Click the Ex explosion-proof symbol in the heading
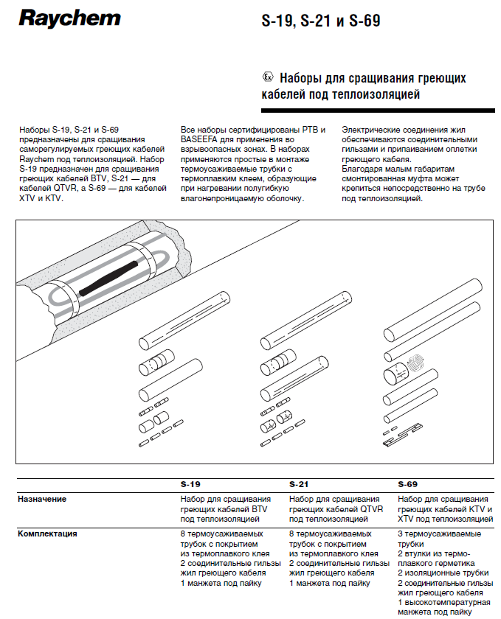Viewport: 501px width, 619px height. [x=268, y=77]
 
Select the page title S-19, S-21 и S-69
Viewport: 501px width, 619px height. [x=321, y=21]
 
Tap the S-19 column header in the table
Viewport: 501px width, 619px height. [x=190, y=485]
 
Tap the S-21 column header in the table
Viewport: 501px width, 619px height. [x=299, y=485]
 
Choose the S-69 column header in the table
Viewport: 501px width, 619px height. [x=407, y=485]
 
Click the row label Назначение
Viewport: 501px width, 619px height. [x=42, y=499]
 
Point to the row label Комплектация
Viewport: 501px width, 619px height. [x=48, y=533]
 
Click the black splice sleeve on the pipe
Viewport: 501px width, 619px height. [x=111, y=277]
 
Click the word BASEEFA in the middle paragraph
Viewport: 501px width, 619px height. [x=202, y=139]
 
